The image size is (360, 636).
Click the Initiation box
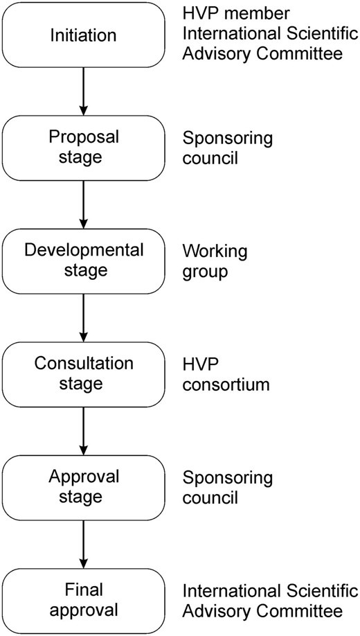pos(83,34)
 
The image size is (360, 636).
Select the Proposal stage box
pos(83,147)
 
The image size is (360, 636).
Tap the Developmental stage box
pos(83,260)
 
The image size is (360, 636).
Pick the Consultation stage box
pos(83,373)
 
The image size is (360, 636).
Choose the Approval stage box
pos(83,487)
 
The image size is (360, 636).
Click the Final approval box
pos(83,601)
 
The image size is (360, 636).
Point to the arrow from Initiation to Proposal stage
pos(83,91)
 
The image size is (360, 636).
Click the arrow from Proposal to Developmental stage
pos(83,204)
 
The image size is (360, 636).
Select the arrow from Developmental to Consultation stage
pos(83,317)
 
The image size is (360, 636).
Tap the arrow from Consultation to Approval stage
pos(83,430)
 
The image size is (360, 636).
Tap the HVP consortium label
pos(225,373)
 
